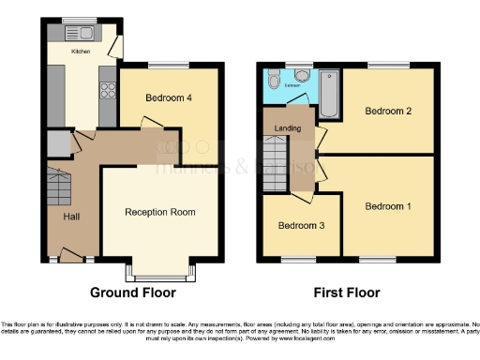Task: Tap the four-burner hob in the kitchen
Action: pyautogui.click(x=104, y=93)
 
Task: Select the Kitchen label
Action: pyautogui.click(x=82, y=52)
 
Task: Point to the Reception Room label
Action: pyautogui.click(x=160, y=212)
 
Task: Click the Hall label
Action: pyautogui.click(x=72, y=217)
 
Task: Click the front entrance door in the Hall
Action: pyautogui.click(x=70, y=252)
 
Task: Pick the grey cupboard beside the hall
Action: pyautogui.click(x=57, y=143)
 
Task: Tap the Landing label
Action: pyautogui.click(x=288, y=128)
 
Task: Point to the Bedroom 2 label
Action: pyautogui.click(x=388, y=112)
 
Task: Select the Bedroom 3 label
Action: pyautogui.click(x=299, y=225)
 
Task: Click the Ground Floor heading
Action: pyautogui.click(x=132, y=292)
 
